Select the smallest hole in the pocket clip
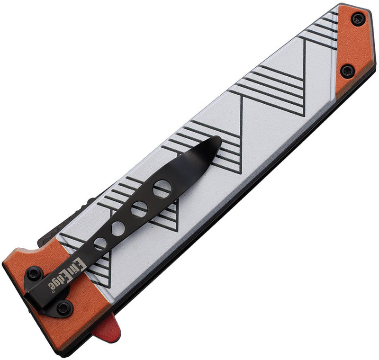(x=100, y=243)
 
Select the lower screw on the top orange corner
(x=347, y=71)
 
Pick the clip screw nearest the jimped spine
(x=34, y=274)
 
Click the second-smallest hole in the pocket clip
(x=118, y=228)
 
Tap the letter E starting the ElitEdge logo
(x=81, y=266)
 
